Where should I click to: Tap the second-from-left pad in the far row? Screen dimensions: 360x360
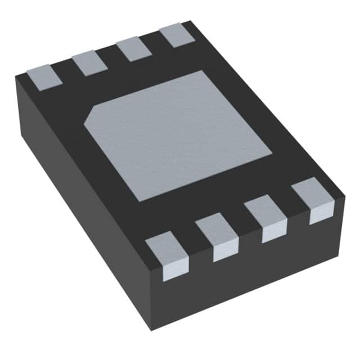point(90,62)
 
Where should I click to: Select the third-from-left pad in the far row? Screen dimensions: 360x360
point(134,49)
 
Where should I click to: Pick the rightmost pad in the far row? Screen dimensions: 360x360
point(177,35)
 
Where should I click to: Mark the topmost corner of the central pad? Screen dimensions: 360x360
point(201,71)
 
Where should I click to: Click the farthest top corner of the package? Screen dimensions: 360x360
point(191,21)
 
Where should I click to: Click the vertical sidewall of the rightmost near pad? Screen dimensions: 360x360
point(321,215)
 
